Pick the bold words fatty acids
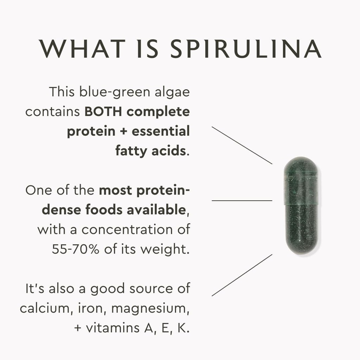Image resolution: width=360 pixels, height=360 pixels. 150,151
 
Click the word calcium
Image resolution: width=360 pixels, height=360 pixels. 44,308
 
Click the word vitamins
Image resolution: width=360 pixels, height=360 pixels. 112,328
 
